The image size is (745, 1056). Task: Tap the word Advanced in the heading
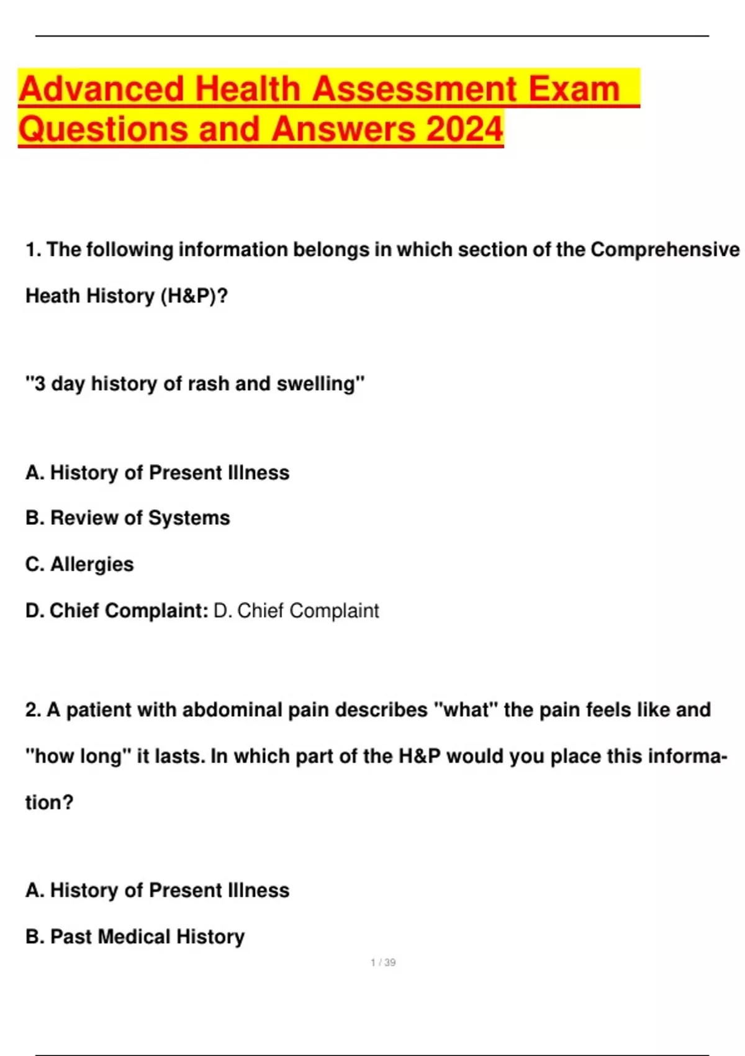coord(102,89)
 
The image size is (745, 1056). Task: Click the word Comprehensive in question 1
coord(664,250)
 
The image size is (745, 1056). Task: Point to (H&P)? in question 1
coord(194,296)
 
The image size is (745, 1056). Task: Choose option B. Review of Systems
coord(127,518)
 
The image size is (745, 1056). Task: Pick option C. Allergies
coord(79,564)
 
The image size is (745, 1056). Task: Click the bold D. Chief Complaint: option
coord(117,611)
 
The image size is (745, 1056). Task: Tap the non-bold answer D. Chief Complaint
coord(296,611)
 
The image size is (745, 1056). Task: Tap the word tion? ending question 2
coord(49,803)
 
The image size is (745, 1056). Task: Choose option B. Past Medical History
coord(135,937)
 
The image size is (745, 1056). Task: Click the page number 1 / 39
coord(383,963)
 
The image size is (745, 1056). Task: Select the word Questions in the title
coord(103,129)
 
